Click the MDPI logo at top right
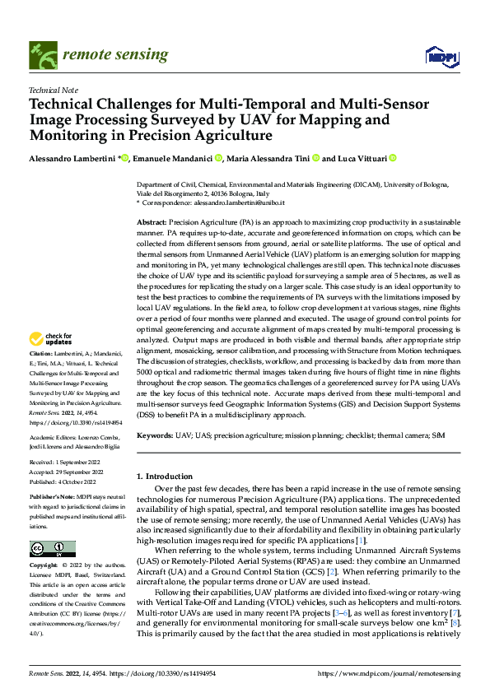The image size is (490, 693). [440, 54]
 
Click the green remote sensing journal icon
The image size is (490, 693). [43, 55]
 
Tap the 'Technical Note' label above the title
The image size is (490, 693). [53, 91]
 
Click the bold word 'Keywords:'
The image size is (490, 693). [155, 434]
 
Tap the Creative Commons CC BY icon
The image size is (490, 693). [52, 549]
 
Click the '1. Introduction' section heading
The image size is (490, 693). [162, 477]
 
